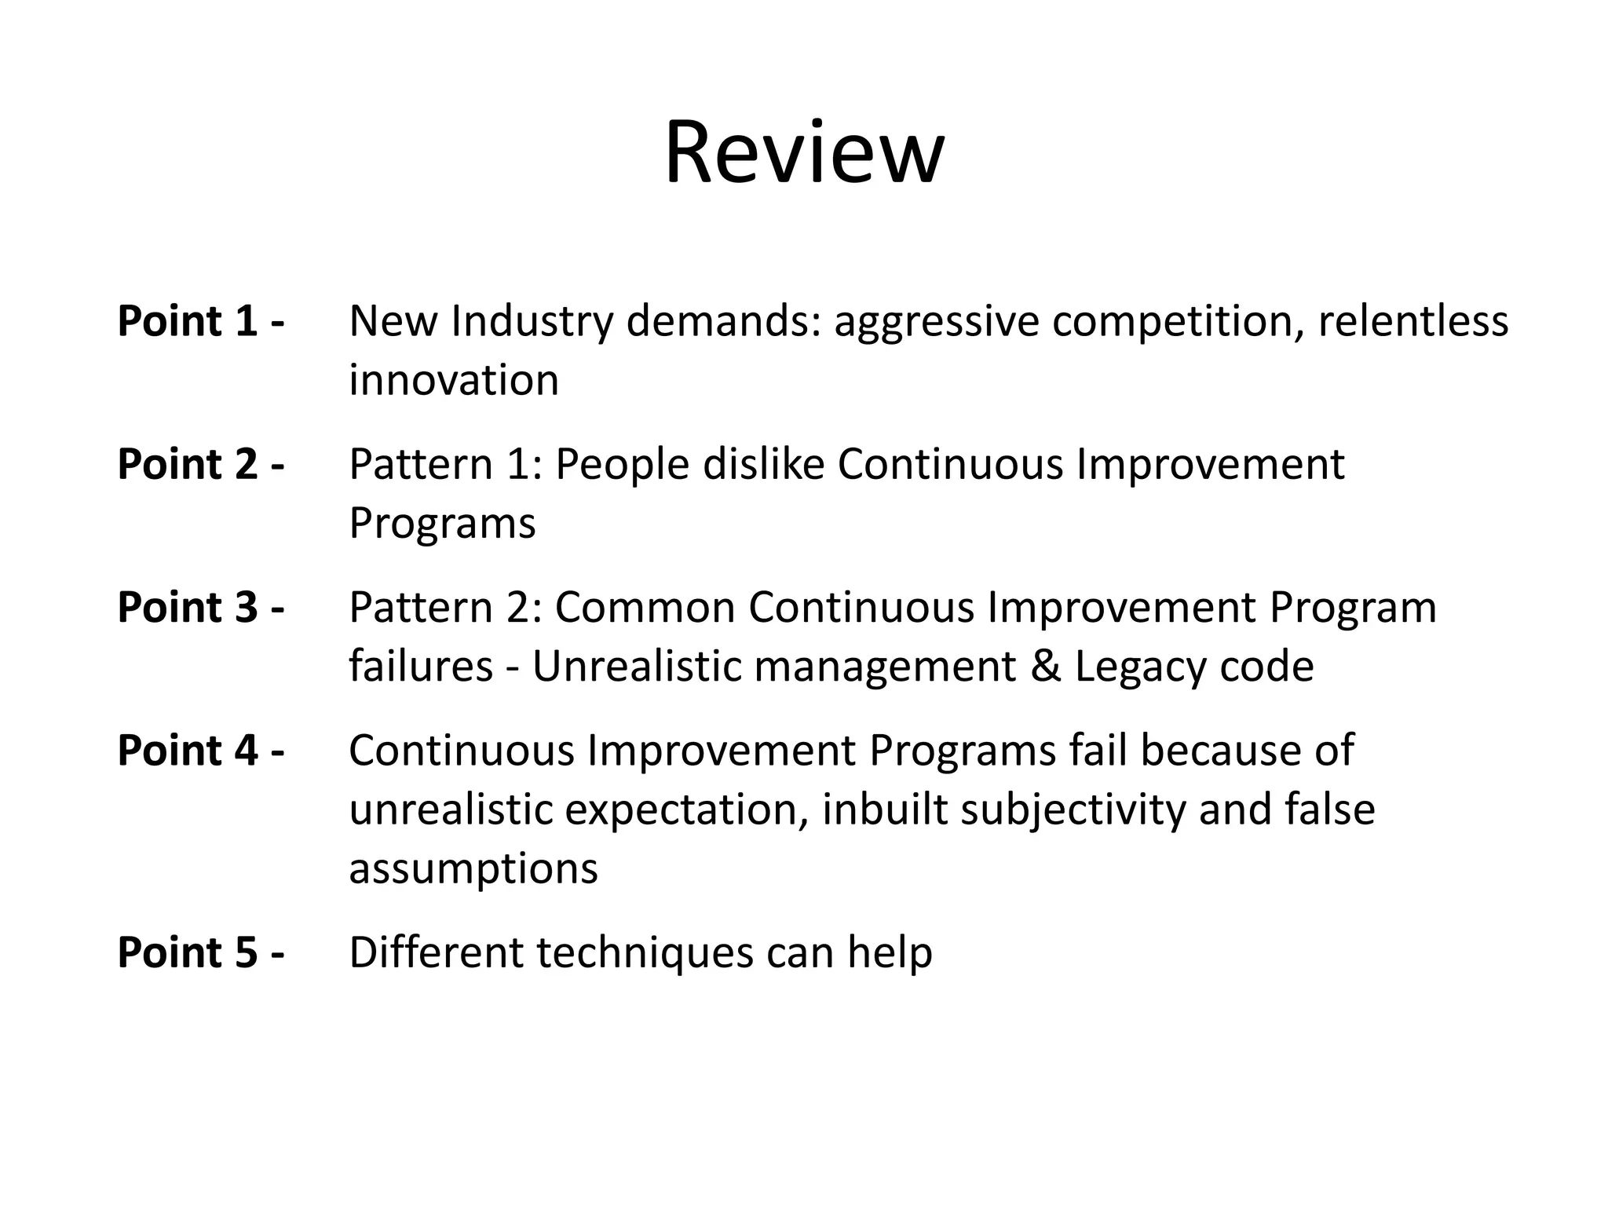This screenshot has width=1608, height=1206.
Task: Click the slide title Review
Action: [804, 152]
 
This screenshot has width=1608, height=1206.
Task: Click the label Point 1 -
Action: [200, 321]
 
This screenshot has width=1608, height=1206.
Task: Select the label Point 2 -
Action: [200, 464]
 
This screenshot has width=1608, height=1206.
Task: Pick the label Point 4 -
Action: [200, 751]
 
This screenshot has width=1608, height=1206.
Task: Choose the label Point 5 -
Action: [200, 952]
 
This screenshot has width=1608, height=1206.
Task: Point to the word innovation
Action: [454, 381]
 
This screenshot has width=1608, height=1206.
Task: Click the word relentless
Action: [1412, 321]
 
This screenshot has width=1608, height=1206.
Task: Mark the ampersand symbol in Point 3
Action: [1044, 667]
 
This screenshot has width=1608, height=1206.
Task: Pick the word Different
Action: [437, 952]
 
